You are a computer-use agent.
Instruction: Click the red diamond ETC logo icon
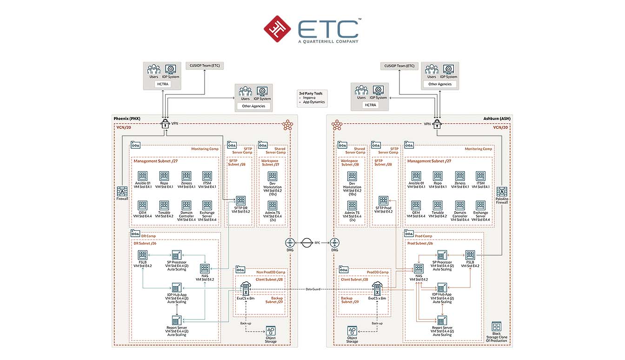pyautogui.click(x=278, y=29)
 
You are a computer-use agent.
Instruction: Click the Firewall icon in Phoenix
pyautogui.click(x=122, y=191)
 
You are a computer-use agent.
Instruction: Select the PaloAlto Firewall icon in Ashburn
pyautogui.click(x=503, y=191)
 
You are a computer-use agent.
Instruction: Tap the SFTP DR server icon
pyautogui.click(x=240, y=200)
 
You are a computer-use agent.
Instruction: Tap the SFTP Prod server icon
pyautogui.click(x=384, y=200)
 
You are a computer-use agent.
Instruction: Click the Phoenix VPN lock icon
pyautogui.click(x=165, y=124)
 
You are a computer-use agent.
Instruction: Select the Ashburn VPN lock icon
pyautogui.click(x=437, y=124)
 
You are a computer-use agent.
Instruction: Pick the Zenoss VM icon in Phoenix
pyautogui.click(x=186, y=176)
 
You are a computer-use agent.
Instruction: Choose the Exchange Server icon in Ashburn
pyautogui.click(x=480, y=205)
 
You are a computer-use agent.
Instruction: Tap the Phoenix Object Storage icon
pyautogui.click(x=271, y=332)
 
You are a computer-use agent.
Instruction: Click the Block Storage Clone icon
pyautogui.click(x=497, y=327)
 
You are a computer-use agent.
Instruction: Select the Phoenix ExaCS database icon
pyautogui.click(x=245, y=289)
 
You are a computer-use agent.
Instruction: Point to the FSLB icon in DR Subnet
pyautogui.click(x=142, y=255)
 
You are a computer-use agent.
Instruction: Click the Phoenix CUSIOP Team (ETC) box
pyautogui.click(x=205, y=66)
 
